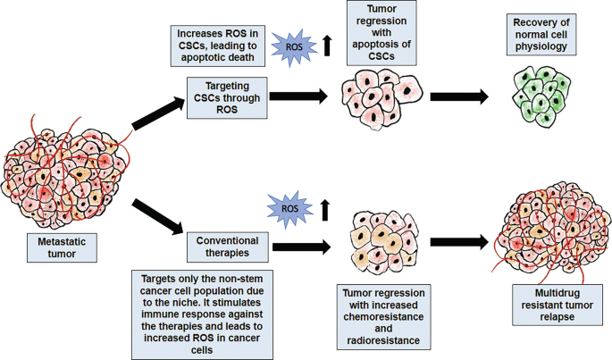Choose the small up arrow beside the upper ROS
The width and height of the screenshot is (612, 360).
click(x=327, y=43)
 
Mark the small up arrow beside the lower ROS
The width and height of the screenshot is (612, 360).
click(x=324, y=210)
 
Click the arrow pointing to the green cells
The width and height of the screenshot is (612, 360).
click(x=459, y=96)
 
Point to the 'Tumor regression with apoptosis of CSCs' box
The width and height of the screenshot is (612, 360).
click(x=379, y=33)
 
